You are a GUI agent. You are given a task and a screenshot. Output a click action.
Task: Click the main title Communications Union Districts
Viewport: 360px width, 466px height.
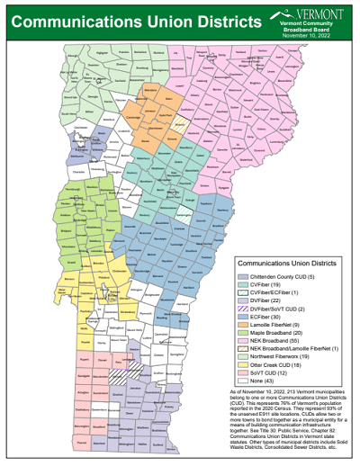pos(126,19)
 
